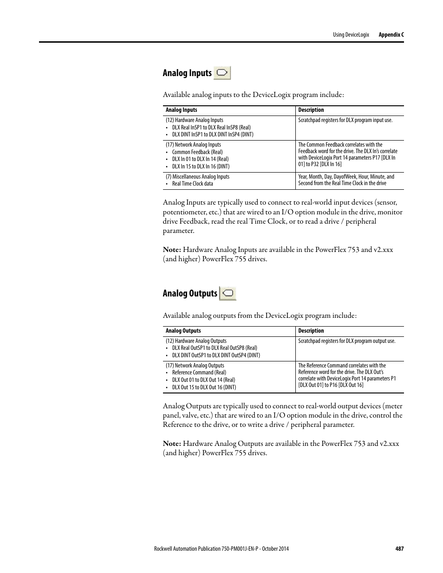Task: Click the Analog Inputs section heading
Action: (x=187, y=73)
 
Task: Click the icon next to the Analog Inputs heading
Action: (x=222, y=73)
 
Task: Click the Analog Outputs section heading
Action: (x=190, y=293)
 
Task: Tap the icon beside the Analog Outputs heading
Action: (x=228, y=293)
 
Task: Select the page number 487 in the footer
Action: (x=399, y=548)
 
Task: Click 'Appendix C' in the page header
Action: (x=391, y=35)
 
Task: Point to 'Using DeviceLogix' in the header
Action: (x=351, y=35)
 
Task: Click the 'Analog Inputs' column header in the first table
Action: (x=182, y=110)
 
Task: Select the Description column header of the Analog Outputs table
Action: (x=311, y=331)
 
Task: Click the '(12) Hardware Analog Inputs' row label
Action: (x=195, y=120)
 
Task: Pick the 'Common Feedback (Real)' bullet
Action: (x=197, y=152)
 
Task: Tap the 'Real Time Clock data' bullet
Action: (x=193, y=184)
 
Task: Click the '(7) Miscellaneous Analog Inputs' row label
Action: (x=197, y=177)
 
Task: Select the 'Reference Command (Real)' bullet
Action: (x=199, y=373)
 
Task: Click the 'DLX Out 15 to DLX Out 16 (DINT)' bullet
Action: (x=204, y=387)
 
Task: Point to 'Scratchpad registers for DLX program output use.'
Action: (x=347, y=341)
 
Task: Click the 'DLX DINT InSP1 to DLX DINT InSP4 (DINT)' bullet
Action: (x=213, y=135)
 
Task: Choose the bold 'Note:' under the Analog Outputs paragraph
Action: (x=172, y=443)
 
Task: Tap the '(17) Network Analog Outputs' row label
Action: (x=195, y=366)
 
